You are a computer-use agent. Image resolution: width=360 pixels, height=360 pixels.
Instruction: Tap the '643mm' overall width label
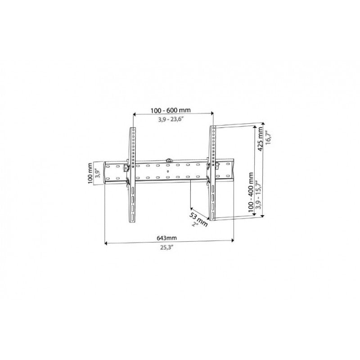click(166, 237)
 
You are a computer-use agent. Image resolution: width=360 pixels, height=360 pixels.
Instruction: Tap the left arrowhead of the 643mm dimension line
click(106, 243)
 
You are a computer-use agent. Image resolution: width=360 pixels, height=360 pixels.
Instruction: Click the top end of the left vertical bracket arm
click(133, 129)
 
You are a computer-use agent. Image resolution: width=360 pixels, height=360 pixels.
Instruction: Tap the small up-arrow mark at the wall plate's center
click(167, 171)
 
